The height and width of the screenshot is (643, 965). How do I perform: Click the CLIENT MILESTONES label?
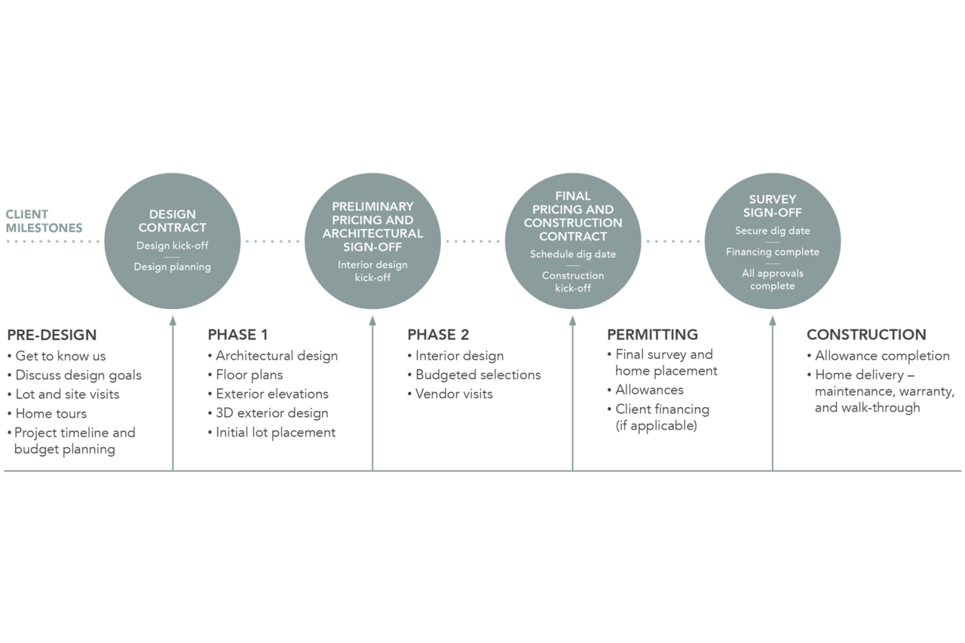pyautogui.click(x=44, y=221)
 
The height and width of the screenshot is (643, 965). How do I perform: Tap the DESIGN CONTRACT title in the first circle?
pyautogui.click(x=173, y=221)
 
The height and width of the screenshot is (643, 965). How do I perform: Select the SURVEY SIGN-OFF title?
pyautogui.click(x=773, y=206)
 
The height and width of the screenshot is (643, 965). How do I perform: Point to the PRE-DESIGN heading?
pyautogui.click(x=52, y=335)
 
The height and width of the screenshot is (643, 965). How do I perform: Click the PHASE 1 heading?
pyautogui.click(x=237, y=335)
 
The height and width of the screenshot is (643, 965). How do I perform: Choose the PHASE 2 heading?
pyautogui.click(x=438, y=335)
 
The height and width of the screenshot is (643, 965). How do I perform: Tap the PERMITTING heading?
pyautogui.click(x=652, y=335)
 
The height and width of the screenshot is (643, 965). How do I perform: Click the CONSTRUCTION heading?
pyautogui.click(x=866, y=335)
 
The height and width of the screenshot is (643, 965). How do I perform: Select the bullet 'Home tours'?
pyautogui.click(x=47, y=413)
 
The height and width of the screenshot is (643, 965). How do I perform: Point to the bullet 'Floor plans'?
pyautogui.click(x=245, y=375)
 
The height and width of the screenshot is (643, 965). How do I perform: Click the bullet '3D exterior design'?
pyautogui.click(x=268, y=413)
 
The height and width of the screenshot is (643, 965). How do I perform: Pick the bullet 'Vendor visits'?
pyautogui.click(x=450, y=393)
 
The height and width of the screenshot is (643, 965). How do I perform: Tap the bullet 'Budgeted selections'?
pyautogui.click(x=474, y=375)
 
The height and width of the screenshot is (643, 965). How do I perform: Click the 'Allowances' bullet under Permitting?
pyautogui.click(x=645, y=390)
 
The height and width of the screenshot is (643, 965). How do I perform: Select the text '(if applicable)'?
pyautogui.click(x=656, y=426)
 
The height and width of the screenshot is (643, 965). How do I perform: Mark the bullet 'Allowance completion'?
pyautogui.click(x=878, y=356)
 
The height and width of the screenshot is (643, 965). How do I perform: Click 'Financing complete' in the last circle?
pyautogui.click(x=773, y=252)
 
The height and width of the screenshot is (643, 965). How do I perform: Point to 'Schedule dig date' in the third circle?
pyautogui.click(x=573, y=254)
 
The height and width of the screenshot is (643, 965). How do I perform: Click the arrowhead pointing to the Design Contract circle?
pyautogui.click(x=173, y=321)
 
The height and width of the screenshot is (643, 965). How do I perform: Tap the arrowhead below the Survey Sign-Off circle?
pyautogui.click(x=773, y=321)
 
